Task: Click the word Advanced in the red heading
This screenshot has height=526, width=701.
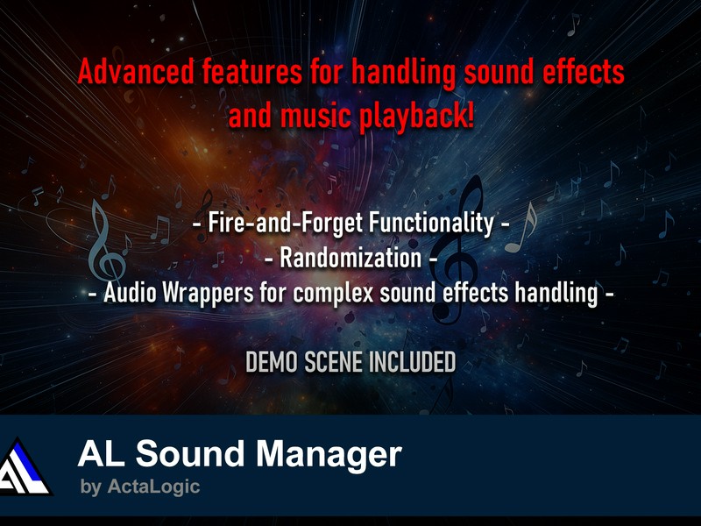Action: click(136, 72)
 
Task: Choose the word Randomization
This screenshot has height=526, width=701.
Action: click(350, 258)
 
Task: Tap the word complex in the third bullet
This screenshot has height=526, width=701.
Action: click(333, 294)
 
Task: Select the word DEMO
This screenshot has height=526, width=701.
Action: click(272, 362)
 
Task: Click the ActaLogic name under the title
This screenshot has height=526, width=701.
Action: click(153, 487)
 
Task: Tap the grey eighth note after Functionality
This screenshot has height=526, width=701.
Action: click(520, 228)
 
